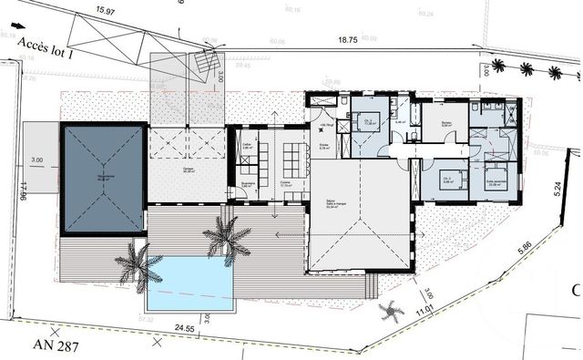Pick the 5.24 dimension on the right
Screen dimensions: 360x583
[x=554, y=188]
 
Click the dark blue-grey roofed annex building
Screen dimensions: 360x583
[x=101, y=178]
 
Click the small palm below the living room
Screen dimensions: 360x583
[x=391, y=312]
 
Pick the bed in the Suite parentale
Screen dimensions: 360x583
[x=497, y=174]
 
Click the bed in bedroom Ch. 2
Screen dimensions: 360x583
[x=446, y=175]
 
